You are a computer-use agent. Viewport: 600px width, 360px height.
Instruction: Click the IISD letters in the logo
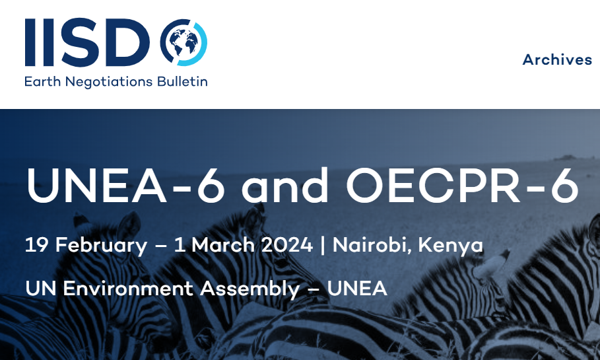(x=89, y=43)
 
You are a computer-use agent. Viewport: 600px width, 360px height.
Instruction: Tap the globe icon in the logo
(x=183, y=43)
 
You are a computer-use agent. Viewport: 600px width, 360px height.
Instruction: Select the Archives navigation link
(x=557, y=59)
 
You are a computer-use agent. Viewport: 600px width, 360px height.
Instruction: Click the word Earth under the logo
(x=41, y=82)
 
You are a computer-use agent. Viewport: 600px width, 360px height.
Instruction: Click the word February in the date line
(x=102, y=245)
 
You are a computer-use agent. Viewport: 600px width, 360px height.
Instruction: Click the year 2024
(x=286, y=245)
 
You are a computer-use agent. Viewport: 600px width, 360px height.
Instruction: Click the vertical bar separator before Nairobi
(x=323, y=245)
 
